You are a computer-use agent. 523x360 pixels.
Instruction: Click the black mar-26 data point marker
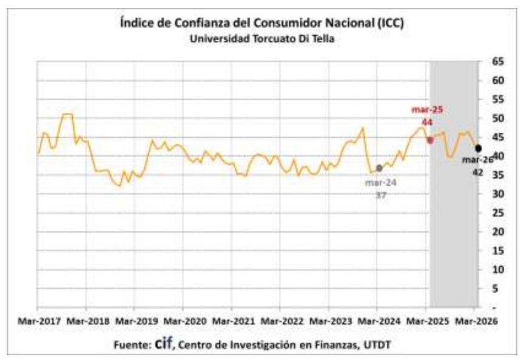click(478, 148)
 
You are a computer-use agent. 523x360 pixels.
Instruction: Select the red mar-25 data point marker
click(430, 140)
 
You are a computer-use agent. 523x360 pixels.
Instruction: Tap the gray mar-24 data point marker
click(379, 168)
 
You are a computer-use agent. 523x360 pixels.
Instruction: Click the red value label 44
click(427, 122)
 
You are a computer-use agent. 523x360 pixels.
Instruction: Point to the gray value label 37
click(380, 195)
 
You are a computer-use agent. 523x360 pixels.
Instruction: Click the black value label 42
click(479, 172)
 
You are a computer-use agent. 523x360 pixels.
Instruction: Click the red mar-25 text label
click(427, 110)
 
